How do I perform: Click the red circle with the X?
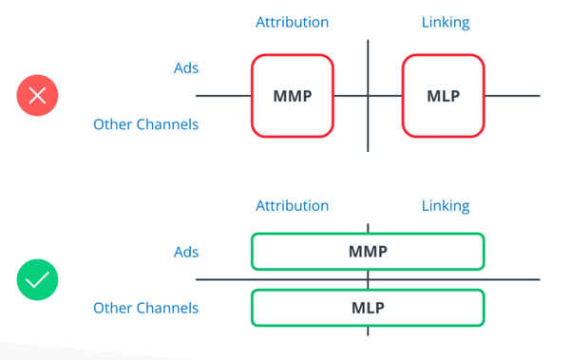[38, 95]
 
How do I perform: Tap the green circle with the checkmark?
[38, 280]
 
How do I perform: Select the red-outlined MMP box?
[293, 96]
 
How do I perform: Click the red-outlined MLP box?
[444, 96]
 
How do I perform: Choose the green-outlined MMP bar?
[368, 252]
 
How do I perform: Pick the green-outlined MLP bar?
[368, 308]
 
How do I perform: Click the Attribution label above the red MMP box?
[293, 21]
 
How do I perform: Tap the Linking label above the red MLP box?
[445, 21]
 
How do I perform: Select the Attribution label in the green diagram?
[293, 205]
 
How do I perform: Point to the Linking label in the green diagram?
[445, 205]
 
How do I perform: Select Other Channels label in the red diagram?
[145, 123]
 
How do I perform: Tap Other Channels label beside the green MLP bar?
[145, 308]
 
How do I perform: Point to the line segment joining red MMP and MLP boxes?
[351, 96]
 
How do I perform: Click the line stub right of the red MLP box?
[513, 96]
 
